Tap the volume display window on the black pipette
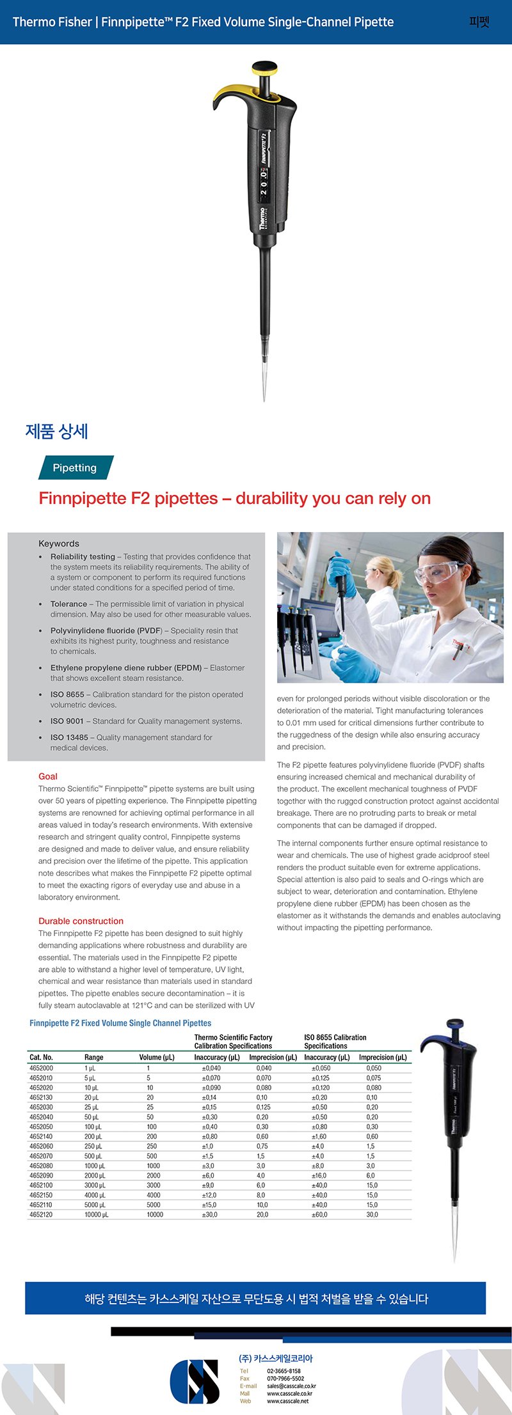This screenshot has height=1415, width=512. pyautogui.click(x=264, y=182)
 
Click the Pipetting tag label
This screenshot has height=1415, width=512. pyautogui.click(x=75, y=467)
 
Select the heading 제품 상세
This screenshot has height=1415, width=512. pyautogui.click(x=57, y=432)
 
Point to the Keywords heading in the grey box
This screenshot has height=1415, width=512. pyautogui.click(x=59, y=543)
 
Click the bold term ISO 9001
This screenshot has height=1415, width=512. pyautogui.click(x=67, y=721)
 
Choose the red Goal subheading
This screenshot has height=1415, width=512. pyautogui.click(x=48, y=776)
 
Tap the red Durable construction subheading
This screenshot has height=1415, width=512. pyautogui.click(x=81, y=921)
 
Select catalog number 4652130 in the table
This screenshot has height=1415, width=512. pyautogui.click(x=41, y=1097)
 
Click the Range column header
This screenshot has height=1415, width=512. pyautogui.click(x=93, y=1058)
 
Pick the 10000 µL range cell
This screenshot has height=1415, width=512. pyautogui.click(x=97, y=1214)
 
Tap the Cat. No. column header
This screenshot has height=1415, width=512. pyautogui.click(x=41, y=1058)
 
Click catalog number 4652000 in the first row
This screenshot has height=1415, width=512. pyautogui.click(x=41, y=1068)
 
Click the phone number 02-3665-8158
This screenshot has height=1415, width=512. pyautogui.click(x=284, y=1371)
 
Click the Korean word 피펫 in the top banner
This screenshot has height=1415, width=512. pyautogui.click(x=479, y=22)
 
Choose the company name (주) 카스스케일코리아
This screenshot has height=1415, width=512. pyautogui.click(x=276, y=1358)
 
